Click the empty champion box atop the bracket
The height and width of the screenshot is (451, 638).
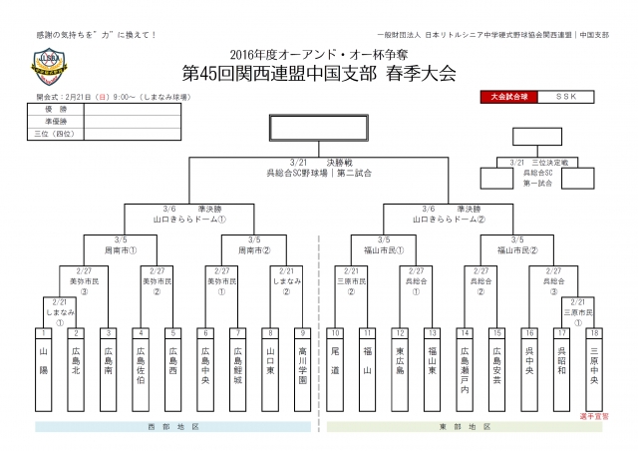click(317, 129)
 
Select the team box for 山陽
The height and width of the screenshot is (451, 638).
click(44, 369)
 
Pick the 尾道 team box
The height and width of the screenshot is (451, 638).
click(338, 369)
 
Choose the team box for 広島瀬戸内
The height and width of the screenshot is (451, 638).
click(464, 369)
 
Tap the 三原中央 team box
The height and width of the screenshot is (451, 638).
click(594, 369)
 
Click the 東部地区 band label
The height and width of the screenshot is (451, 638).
click(467, 427)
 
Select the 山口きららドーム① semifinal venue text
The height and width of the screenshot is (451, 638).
click(190, 218)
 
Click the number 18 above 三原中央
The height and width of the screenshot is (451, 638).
click(594, 331)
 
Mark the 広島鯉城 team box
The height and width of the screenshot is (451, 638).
click(238, 369)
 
